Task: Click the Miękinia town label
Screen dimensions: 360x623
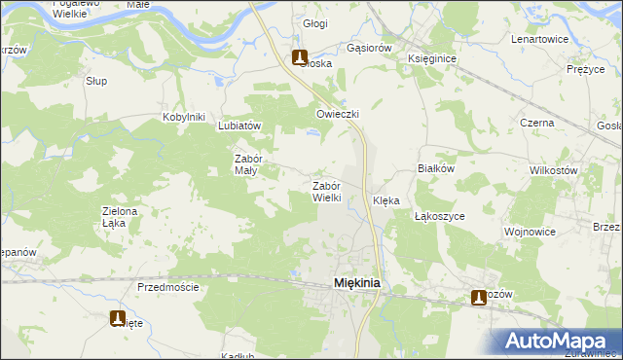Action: [x=356, y=282]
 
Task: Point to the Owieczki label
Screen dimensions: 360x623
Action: [x=338, y=114]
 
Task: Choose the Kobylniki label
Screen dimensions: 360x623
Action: [x=184, y=118]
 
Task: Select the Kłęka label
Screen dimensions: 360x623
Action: [x=386, y=201]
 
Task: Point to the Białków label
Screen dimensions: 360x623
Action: [x=437, y=167]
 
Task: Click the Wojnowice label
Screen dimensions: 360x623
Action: [x=530, y=233]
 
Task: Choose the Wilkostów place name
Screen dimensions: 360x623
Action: [x=554, y=170]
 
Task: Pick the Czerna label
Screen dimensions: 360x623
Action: [x=536, y=123]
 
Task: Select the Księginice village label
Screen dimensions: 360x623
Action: [x=432, y=58]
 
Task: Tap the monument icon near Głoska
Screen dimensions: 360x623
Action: [x=300, y=57]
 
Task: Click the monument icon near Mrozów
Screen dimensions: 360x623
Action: [x=479, y=298]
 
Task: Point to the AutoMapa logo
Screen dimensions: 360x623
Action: [x=556, y=341]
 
